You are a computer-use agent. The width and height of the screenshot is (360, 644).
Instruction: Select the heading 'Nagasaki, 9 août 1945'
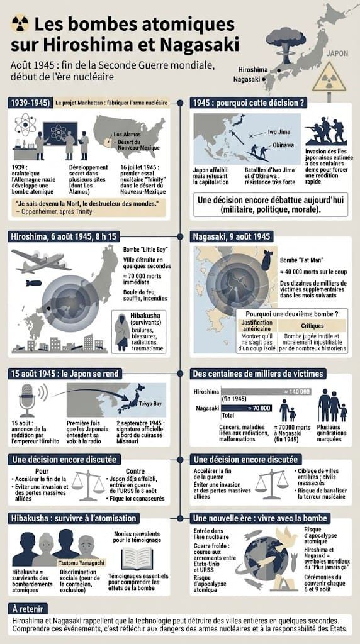tap(232, 236)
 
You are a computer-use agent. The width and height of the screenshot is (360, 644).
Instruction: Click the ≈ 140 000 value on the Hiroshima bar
tap(297, 391)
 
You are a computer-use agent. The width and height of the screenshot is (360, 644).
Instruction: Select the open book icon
tap(137, 558)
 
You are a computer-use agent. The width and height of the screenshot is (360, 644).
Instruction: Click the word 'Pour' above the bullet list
tap(42, 471)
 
